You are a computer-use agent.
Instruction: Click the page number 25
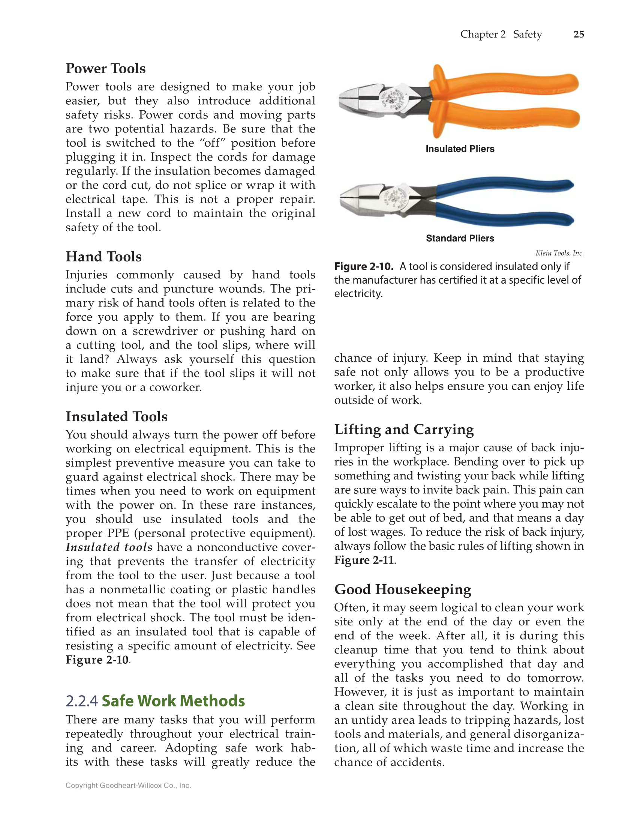pos(579,34)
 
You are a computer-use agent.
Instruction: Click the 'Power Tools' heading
pos(105,69)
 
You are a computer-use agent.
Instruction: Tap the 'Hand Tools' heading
pos(103,257)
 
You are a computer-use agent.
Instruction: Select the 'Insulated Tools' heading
pos(116,416)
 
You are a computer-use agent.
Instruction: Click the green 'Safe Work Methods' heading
pos(173,701)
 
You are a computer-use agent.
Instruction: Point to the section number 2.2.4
pos(81,701)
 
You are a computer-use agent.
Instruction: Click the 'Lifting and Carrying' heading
pos(404,429)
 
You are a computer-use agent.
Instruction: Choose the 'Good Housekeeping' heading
pos(402,589)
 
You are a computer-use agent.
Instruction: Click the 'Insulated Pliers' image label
pos(460,149)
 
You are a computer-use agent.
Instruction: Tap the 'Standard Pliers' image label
pos(460,238)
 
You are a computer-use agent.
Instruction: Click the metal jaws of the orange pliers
pos(360,99)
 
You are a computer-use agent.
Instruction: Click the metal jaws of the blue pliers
pos(360,199)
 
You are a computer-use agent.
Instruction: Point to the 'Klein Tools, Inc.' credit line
pos(559,253)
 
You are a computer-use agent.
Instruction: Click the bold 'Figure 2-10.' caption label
pos(363,267)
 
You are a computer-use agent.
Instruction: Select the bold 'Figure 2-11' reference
pos(364,561)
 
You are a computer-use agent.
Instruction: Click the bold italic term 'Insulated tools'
pos(109,547)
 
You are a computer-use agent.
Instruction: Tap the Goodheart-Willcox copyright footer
pos(128,786)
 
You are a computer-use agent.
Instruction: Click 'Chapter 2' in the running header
pos(483,34)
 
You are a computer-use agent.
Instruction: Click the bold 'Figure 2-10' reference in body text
pos(97,660)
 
